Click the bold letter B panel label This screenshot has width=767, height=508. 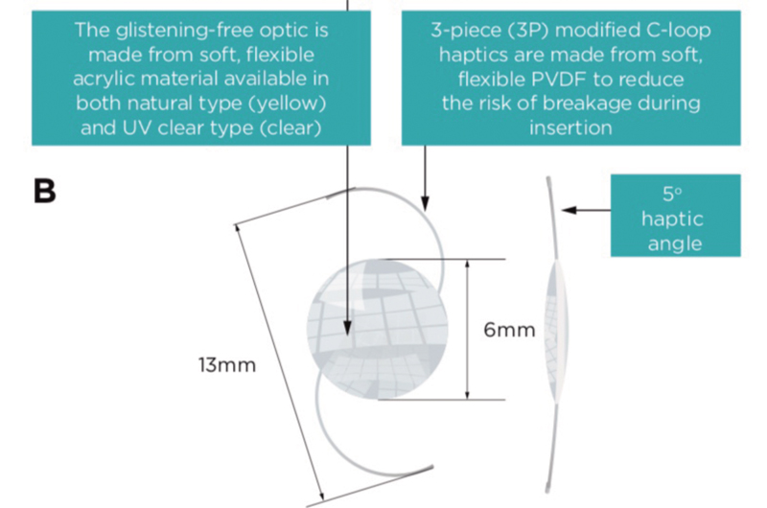pos(44,191)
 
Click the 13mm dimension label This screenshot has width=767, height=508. pos(227,365)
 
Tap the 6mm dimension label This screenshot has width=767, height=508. pos(509,330)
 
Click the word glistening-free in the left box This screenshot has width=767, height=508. pos(184,31)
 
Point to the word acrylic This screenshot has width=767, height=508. pos(102,80)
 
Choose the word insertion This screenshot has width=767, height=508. pos(570,128)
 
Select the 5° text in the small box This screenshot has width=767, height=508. pos(672,195)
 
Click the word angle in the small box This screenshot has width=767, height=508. pos(675,243)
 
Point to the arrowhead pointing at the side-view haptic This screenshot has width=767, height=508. pos(569,210)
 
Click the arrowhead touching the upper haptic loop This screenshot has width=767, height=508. pos(425,204)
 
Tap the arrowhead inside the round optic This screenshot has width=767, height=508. pos(347,328)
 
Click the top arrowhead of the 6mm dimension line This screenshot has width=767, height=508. pos(467,264)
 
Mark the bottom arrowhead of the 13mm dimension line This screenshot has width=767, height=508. pos(321,496)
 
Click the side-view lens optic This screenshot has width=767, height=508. pos(557,332)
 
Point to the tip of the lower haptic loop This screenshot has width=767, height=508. pos(433,468)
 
